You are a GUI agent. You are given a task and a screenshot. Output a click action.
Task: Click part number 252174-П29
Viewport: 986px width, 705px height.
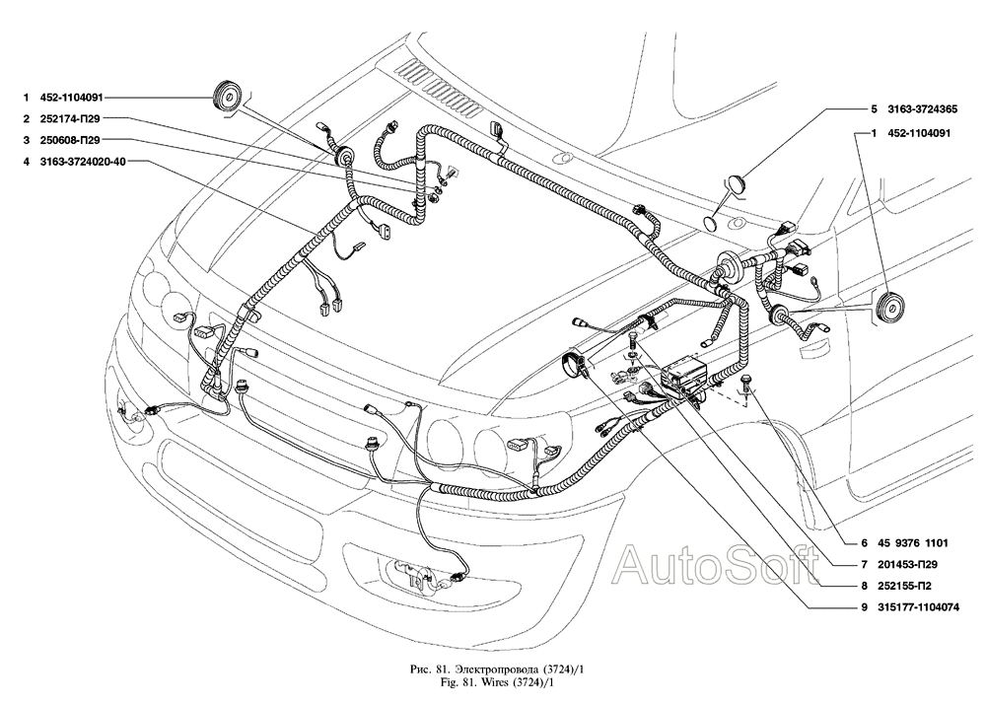click(70, 118)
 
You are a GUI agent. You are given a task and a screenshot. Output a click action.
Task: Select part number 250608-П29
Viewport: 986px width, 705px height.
click(70, 140)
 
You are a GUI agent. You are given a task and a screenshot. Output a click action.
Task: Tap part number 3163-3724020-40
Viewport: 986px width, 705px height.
click(83, 162)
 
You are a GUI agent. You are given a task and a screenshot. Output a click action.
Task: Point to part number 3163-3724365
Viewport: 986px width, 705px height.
click(923, 108)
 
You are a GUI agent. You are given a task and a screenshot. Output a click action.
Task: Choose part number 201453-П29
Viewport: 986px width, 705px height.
click(909, 565)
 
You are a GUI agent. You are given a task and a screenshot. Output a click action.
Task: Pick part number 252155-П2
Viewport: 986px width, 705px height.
click(905, 586)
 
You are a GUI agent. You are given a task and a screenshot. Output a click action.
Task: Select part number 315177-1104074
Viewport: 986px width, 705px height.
click(919, 607)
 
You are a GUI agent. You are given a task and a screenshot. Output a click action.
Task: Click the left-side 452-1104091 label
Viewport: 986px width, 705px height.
click(71, 97)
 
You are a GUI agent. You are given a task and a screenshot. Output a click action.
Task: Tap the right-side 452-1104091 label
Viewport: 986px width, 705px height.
click(919, 133)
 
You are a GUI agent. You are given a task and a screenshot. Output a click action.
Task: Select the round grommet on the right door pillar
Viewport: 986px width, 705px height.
click(889, 309)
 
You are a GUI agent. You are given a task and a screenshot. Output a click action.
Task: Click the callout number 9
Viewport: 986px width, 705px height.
click(865, 607)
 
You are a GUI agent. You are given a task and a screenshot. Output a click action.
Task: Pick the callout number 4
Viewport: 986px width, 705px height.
click(26, 162)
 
